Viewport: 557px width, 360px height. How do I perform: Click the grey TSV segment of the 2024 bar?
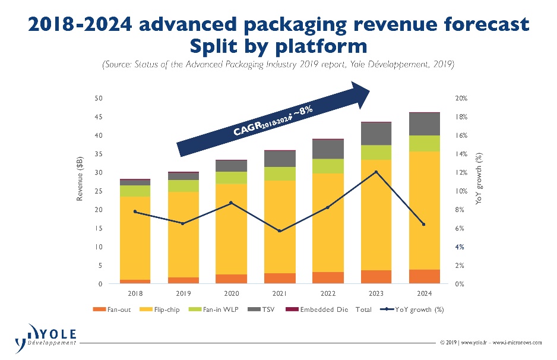point(424,124)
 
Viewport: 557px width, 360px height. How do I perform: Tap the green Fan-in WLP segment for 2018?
point(135,191)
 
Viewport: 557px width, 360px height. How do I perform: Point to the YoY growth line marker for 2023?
point(375,172)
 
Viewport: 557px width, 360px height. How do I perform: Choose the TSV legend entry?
point(265,310)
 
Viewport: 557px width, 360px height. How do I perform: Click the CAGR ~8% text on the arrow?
point(273,121)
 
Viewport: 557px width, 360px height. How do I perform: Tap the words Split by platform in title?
point(277,46)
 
